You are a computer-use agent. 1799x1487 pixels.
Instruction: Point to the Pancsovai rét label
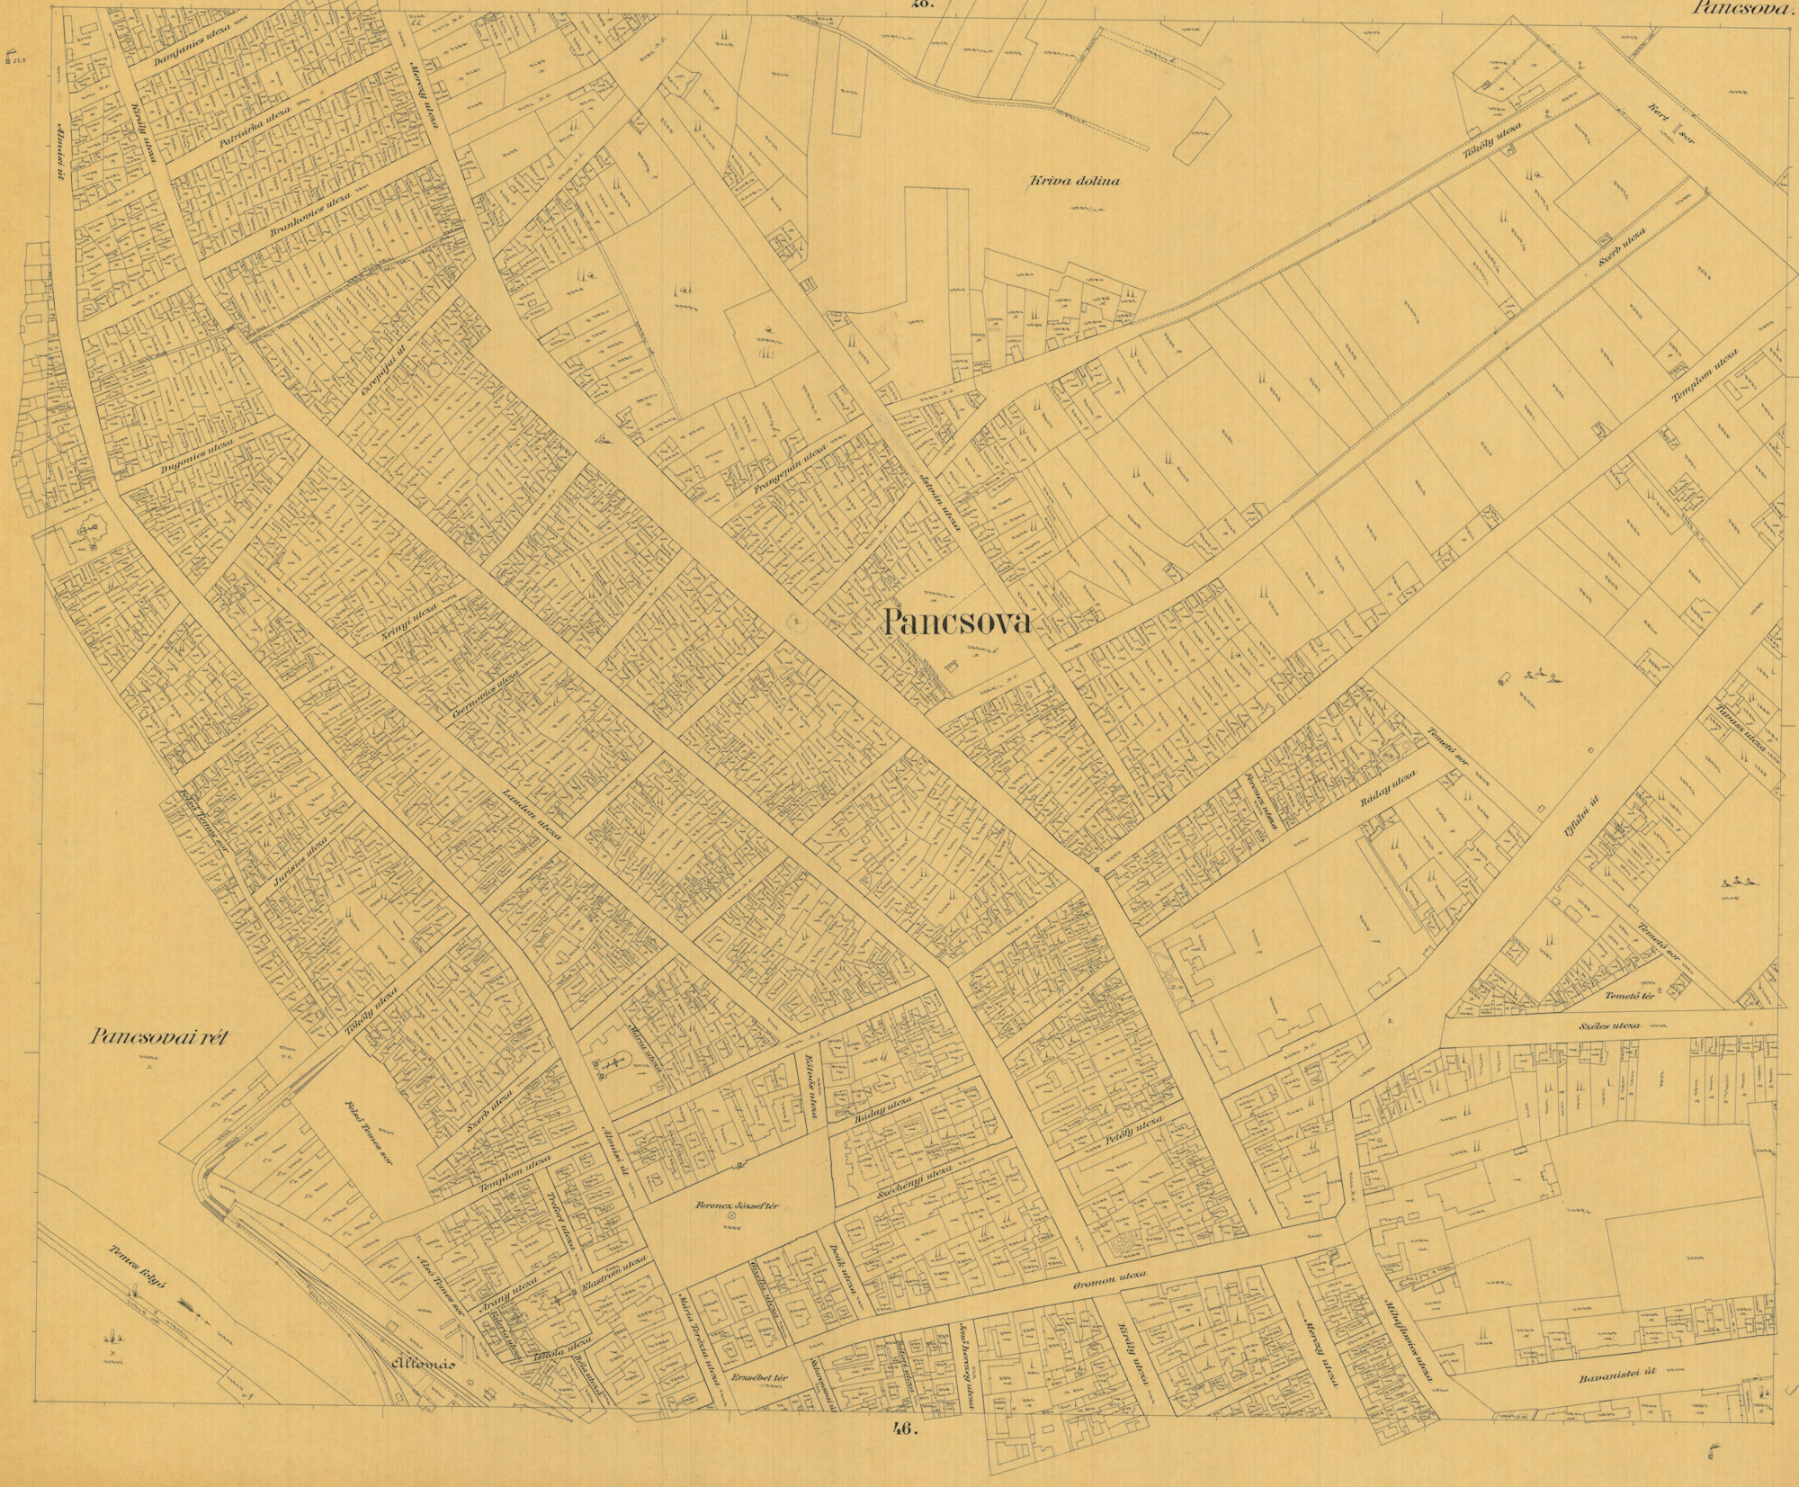coord(160,1037)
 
